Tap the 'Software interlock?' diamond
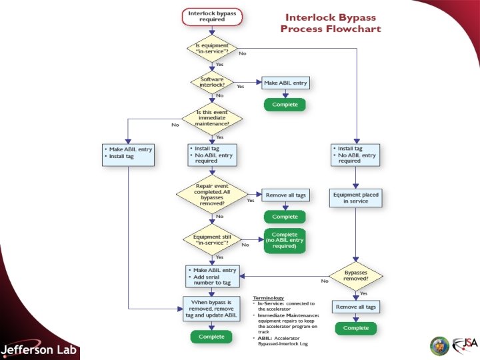[x=211, y=83]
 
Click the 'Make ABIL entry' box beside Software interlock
[x=285, y=83]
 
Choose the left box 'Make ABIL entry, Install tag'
[x=129, y=153]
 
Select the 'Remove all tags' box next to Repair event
[x=285, y=195]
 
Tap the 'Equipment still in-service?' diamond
[x=211, y=239]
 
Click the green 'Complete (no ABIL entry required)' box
[x=285, y=241]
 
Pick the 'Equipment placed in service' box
[x=355, y=198]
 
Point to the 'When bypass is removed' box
[x=211, y=310]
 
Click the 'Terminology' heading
[x=268, y=297]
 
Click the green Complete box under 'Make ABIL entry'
[x=285, y=105]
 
